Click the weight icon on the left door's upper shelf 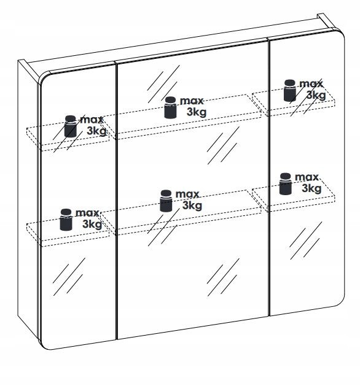click(71, 126)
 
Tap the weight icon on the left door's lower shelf click(66, 220)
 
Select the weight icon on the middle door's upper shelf click(170, 107)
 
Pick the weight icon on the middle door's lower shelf click(166, 201)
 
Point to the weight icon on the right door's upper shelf click(290, 90)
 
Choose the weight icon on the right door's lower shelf click(286, 184)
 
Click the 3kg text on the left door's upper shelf click(96, 131)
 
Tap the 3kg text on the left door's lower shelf click(92, 224)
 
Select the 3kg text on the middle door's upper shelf click(197, 112)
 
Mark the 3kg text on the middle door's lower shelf click(192, 206)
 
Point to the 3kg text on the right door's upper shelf click(316, 95)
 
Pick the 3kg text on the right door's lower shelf click(311, 188)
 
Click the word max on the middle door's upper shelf click(192, 101)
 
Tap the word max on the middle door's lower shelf click(187, 195)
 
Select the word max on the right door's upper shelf click(311, 84)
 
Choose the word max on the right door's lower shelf click(307, 177)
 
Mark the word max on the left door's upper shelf click(92, 120)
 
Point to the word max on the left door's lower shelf click(87, 213)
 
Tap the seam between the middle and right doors click(269, 177)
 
